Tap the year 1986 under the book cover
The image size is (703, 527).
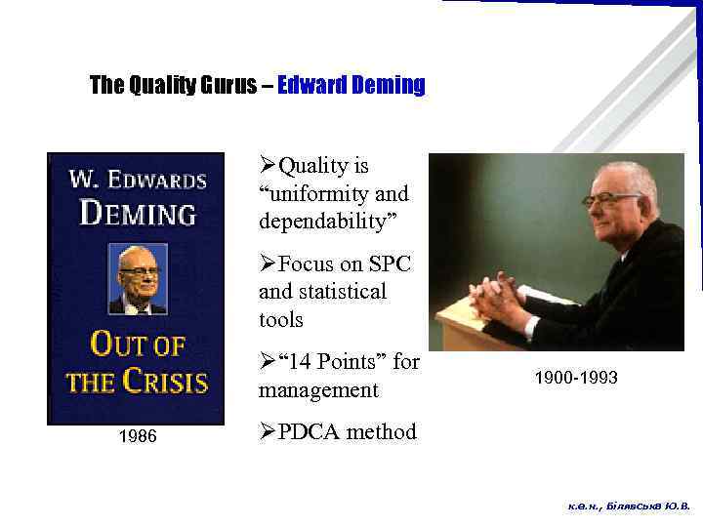pyautogui.click(x=137, y=436)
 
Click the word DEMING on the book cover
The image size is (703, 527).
pyautogui.click(x=138, y=212)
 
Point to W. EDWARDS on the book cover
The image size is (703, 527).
pyautogui.click(x=138, y=181)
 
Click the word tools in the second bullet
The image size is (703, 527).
pyautogui.click(x=281, y=319)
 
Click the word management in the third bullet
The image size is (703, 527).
pyautogui.click(x=317, y=390)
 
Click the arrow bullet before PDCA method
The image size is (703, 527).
pyautogui.click(x=268, y=431)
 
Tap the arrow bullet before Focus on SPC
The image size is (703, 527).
pyautogui.click(x=268, y=263)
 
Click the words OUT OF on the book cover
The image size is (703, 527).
pyautogui.click(x=138, y=345)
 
